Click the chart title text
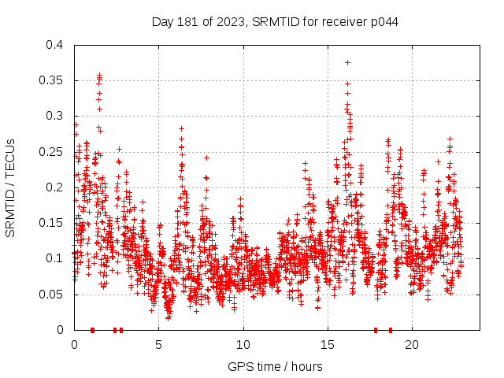coord(274,22)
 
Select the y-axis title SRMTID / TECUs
coord(10,187)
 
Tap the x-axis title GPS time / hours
coord(274,367)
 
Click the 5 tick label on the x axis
coord(158,345)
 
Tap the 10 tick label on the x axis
coord(243,345)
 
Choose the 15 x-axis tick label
coord(328,345)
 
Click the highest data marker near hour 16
coord(347,62)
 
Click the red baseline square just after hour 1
coord(93,330)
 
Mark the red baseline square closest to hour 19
coord(391,330)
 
